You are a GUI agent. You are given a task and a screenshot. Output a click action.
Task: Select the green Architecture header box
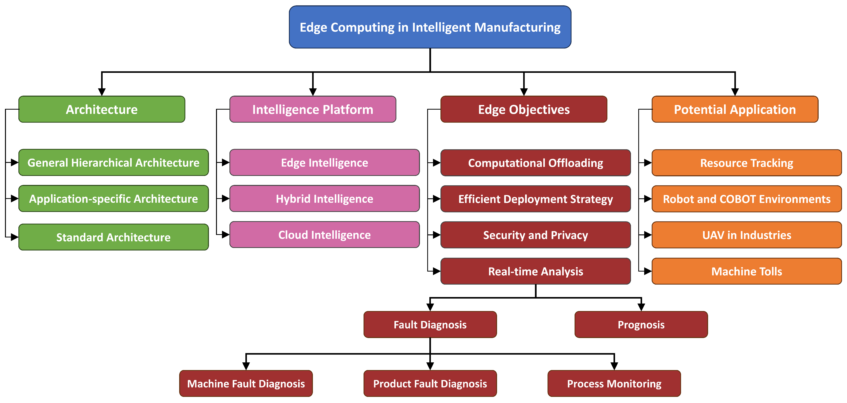pyautogui.click(x=102, y=109)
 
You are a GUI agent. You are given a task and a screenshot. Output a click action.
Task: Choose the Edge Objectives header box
pyautogui.click(x=524, y=109)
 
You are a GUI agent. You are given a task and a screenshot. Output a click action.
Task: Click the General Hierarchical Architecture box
pyautogui.click(x=113, y=163)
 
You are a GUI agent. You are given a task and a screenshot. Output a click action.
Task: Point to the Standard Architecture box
pyautogui.click(x=113, y=237)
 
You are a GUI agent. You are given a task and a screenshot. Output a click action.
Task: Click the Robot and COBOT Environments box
pyautogui.click(x=746, y=199)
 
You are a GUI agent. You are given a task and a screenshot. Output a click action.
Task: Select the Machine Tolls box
pyautogui.click(x=746, y=271)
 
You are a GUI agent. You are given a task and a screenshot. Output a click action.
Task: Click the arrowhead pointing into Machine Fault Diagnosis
pyautogui.click(x=246, y=366)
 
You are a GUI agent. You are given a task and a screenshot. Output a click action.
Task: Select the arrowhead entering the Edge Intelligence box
pyautogui.click(x=226, y=163)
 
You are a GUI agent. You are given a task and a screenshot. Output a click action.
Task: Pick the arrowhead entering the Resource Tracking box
pyautogui.click(x=648, y=163)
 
